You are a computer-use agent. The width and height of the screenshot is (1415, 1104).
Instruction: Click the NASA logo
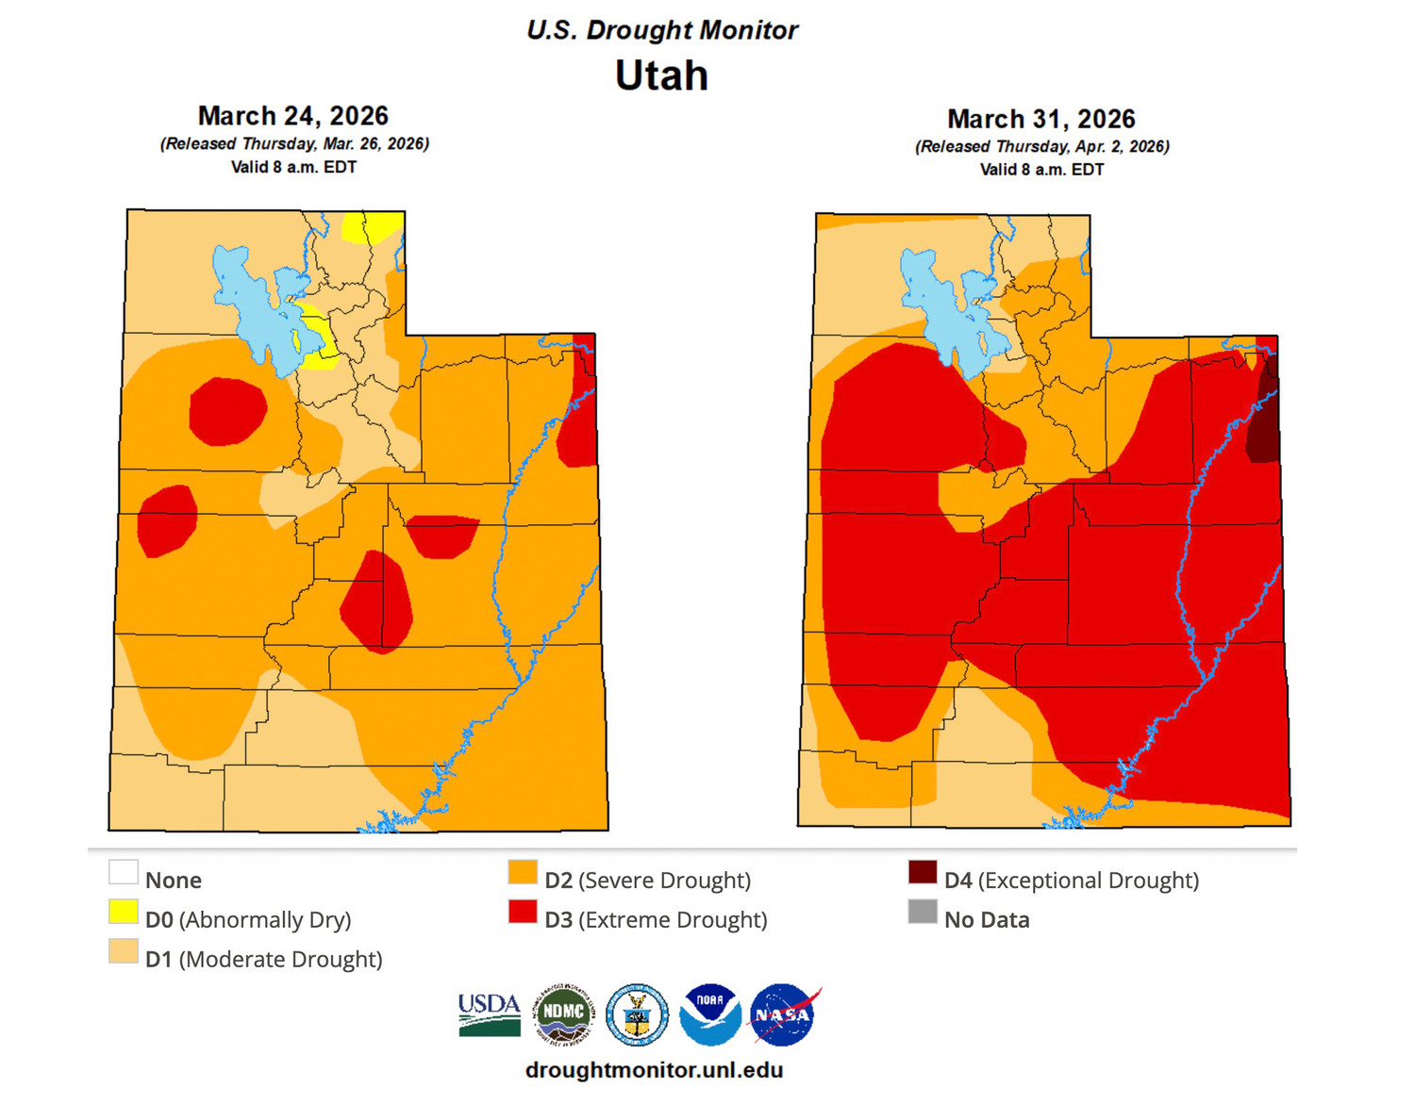click(783, 1015)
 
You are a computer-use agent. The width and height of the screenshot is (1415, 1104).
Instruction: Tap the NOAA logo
click(710, 1015)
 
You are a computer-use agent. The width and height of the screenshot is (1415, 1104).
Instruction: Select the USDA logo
click(490, 1015)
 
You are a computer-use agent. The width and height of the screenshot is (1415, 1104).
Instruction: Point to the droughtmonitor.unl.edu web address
click(654, 1070)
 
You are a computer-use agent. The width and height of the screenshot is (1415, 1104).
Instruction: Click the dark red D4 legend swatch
click(922, 872)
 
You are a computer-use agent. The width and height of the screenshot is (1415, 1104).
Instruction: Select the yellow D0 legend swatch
click(124, 912)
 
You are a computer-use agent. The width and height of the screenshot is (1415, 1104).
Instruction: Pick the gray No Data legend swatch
click(922, 912)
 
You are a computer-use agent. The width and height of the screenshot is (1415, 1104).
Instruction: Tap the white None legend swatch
click(124, 872)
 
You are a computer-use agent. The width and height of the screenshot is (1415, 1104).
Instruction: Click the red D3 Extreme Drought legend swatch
click(523, 912)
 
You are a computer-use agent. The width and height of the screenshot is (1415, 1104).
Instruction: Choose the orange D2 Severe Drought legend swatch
click(523, 872)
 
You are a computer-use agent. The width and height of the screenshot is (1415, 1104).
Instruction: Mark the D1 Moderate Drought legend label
click(263, 959)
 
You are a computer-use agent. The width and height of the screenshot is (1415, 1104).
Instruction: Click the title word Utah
click(661, 75)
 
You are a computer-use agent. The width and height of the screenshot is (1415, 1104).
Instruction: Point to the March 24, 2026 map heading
click(292, 116)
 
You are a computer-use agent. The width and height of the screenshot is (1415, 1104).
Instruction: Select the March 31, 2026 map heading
click(1040, 119)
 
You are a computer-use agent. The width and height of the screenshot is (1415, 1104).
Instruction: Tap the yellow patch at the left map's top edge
click(371, 226)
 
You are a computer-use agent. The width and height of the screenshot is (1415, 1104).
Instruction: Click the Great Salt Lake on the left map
click(253, 302)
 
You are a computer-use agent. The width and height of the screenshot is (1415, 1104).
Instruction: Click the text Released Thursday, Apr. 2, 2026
click(1041, 146)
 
